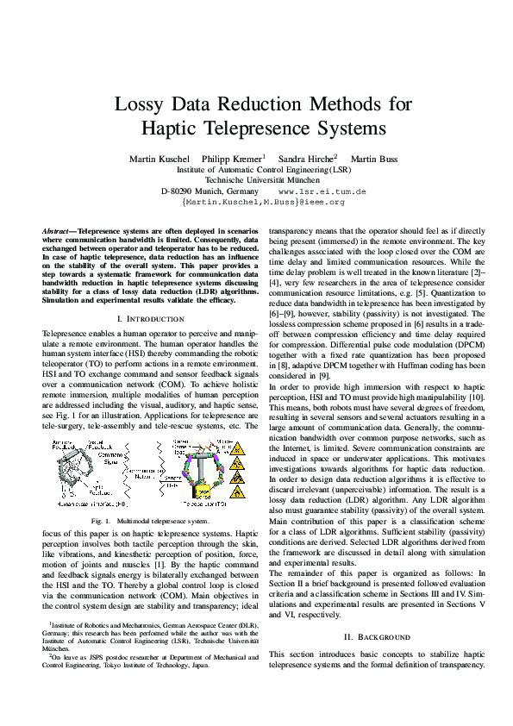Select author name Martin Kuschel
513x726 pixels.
(160, 160)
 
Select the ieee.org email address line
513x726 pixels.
(263, 201)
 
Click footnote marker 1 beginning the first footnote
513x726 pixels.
(50, 621)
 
